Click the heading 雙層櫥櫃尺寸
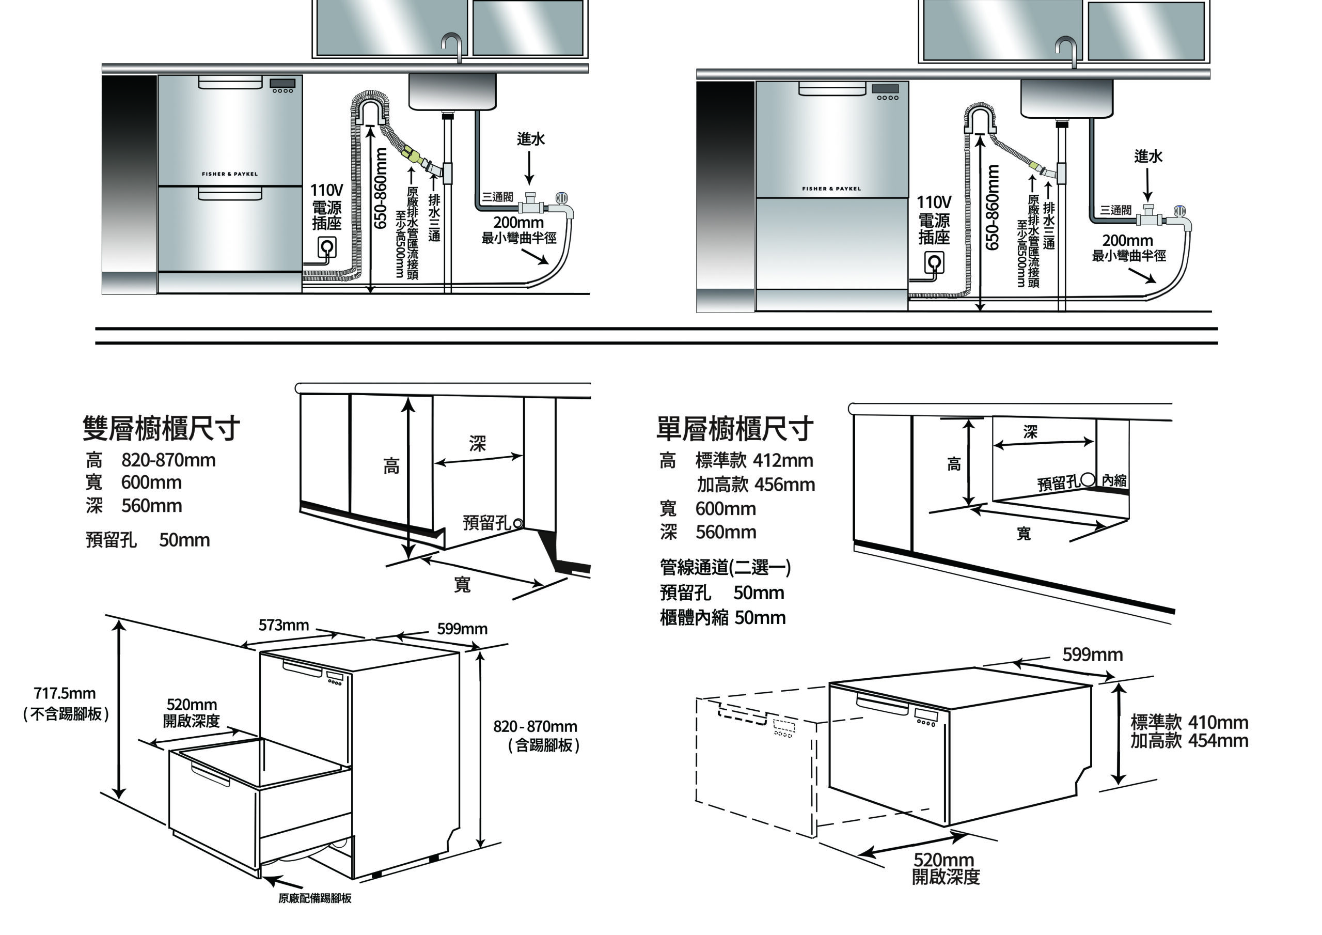[x=161, y=428]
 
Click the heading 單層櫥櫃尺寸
[x=735, y=428]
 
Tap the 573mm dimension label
[x=284, y=625]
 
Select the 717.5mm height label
[x=65, y=693]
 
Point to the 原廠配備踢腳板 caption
[x=314, y=898]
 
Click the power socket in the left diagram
[x=327, y=248]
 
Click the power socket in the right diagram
[x=934, y=263]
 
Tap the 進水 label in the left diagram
[x=530, y=139]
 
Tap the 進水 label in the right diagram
[x=1147, y=156]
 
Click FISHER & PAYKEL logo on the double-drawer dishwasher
[x=230, y=174]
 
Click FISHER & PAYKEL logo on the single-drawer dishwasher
[x=831, y=189]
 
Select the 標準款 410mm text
[x=1189, y=722]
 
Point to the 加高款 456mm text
[x=756, y=485]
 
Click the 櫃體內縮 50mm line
[x=722, y=618]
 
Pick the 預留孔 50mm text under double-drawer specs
[x=147, y=540]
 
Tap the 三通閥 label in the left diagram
[x=497, y=197]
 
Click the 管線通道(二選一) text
[x=725, y=567]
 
